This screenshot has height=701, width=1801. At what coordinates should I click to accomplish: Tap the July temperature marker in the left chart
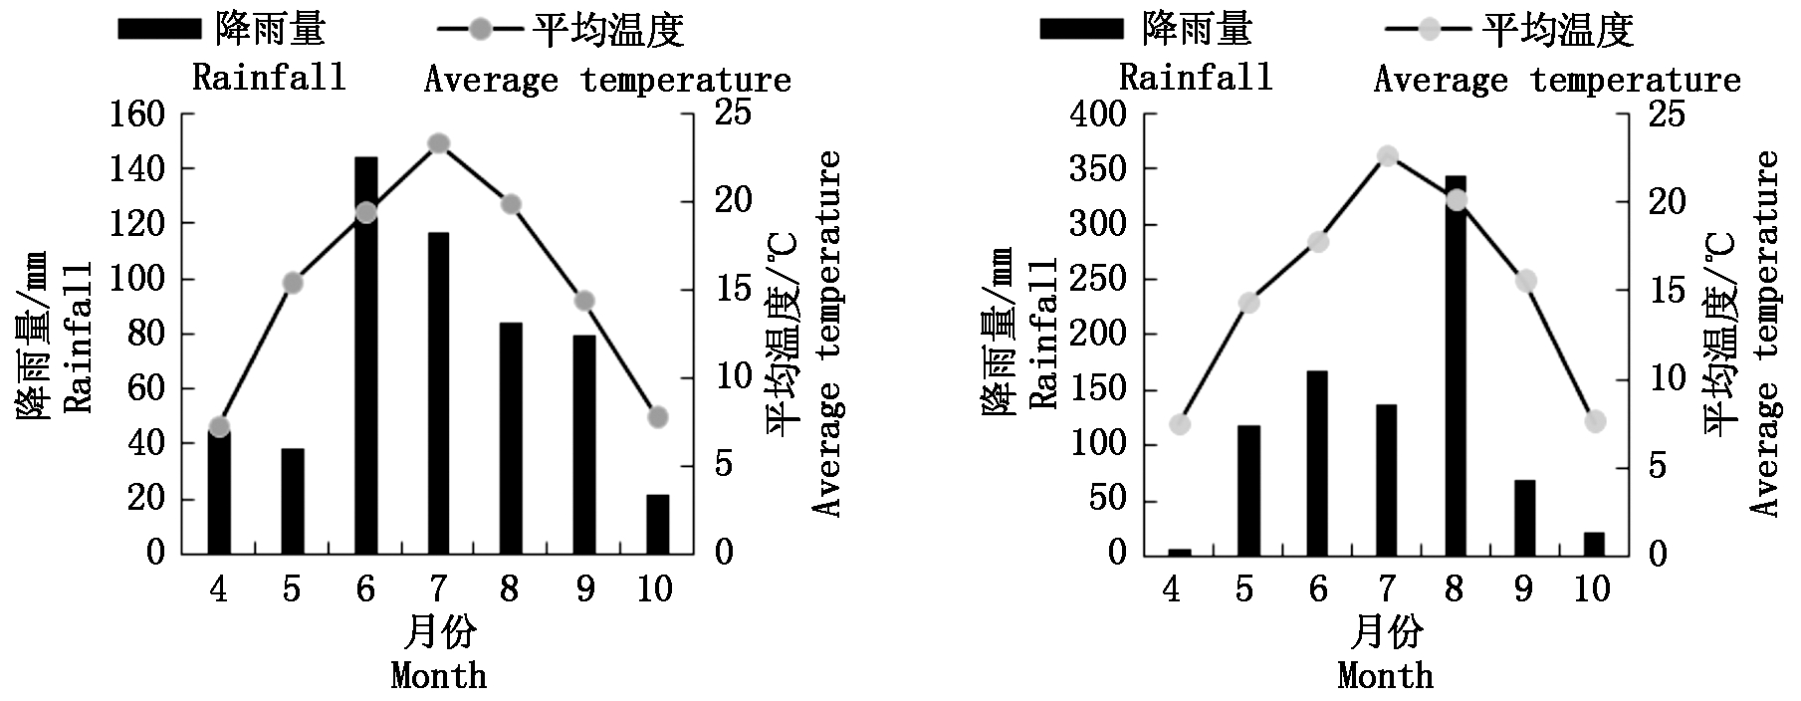pos(439,143)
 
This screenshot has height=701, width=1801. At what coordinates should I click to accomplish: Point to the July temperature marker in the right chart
pos(1388,156)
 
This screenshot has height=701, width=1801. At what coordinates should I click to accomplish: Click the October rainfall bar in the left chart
pos(657,524)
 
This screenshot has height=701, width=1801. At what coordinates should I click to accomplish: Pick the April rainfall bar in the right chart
pos(1179,552)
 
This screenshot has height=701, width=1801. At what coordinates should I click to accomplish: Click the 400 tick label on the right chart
pos(1100,115)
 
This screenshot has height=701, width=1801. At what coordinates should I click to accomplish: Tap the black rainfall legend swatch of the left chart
pos(158,29)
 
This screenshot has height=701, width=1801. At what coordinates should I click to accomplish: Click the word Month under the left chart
pos(439,676)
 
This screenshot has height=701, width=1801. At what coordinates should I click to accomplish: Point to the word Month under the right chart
pos(1386,676)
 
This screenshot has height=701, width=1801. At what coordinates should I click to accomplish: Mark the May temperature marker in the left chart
pos(292,283)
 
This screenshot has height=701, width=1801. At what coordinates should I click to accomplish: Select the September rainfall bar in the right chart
pos(1524,517)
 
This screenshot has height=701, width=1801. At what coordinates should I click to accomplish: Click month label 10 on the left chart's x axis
pos(655,589)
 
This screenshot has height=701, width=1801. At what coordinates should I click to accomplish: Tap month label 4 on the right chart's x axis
pos(1171,589)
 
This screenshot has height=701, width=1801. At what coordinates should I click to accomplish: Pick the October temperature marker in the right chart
pos(1595,421)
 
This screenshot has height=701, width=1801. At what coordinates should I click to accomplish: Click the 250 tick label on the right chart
pos(1100,279)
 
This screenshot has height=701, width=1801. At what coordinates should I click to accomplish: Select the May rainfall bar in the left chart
pos(292,501)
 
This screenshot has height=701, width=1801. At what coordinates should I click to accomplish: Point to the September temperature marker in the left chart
pos(584,301)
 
